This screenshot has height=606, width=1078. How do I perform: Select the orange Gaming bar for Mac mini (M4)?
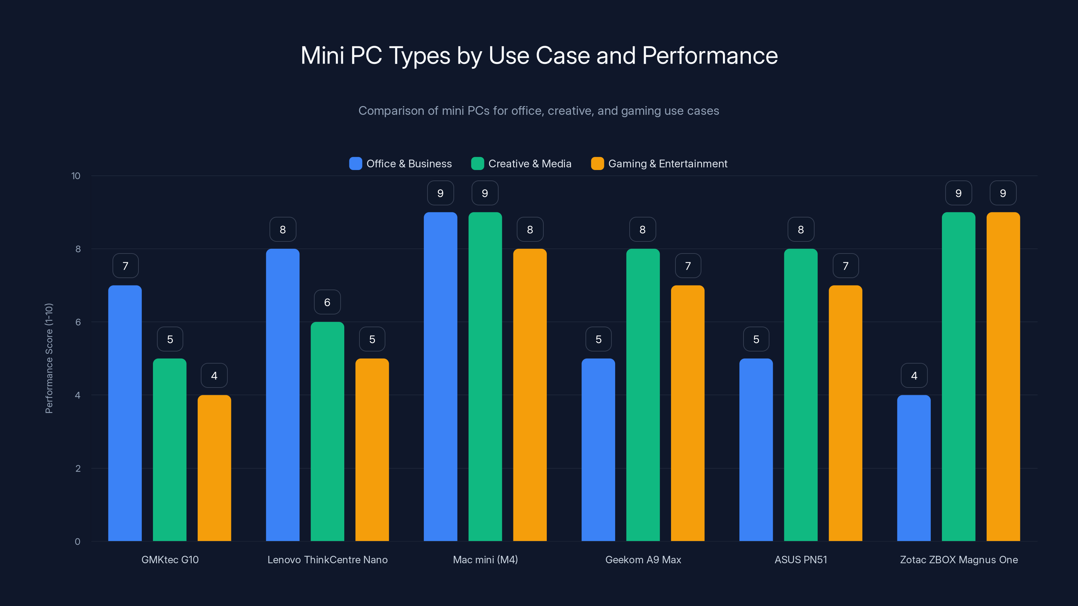pos(530,395)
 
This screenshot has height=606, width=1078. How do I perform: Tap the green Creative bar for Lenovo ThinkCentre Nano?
pos(327,431)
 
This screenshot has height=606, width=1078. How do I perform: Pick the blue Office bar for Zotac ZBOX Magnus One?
pos(914,468)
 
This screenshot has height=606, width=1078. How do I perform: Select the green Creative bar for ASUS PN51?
pos(800,395)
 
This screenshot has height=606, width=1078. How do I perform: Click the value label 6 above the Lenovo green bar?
pos(327,302)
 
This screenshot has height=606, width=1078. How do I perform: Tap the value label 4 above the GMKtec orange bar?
pos(214,376)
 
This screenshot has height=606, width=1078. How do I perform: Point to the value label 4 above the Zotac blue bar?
pos(914,376)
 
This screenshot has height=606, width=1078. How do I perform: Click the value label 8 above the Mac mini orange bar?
pos(530,229)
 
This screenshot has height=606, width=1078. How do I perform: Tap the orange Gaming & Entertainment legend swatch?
pos(597,164)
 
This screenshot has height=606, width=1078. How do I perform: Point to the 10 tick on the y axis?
pos(76,176)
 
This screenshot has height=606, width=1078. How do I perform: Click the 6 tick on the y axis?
pos(78,322)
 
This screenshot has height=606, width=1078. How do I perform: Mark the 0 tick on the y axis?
pos(77,542)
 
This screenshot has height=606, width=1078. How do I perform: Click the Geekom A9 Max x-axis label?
pos(643,560)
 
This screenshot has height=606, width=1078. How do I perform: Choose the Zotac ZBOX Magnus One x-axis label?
pos(959,560)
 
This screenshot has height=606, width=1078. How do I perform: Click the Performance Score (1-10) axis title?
pos(49,359)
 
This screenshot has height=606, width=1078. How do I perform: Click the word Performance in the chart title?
pos(710,56)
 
